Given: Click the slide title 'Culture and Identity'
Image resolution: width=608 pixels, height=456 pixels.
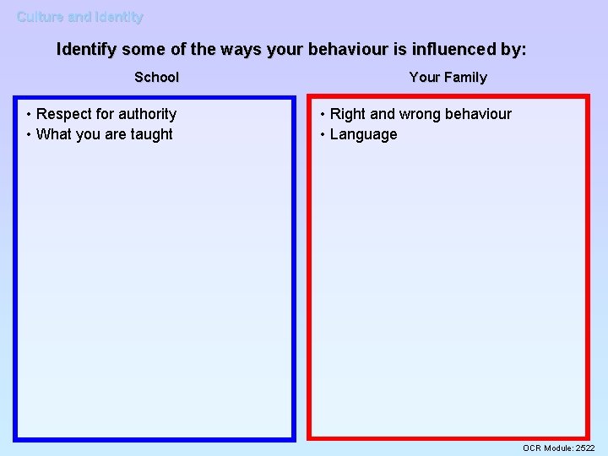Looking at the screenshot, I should (x=80, y=17).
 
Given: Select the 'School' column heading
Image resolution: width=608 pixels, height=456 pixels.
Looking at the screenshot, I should (x=157, y=78).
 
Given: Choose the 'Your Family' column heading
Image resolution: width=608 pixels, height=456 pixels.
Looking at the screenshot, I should (x=448, y=78).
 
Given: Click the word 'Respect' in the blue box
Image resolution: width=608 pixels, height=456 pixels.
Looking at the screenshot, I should (x=64, y=114).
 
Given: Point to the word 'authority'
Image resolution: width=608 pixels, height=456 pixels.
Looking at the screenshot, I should (x=147, y=114).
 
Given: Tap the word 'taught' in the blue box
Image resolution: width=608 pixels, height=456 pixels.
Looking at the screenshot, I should (x=152, y=134).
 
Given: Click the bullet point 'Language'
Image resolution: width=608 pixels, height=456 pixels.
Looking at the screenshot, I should (x=363, y=134).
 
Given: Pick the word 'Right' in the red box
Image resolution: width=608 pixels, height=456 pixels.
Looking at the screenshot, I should (x=347, y=114).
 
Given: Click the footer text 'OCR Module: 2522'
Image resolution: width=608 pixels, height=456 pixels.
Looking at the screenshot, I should (x=558, y=448).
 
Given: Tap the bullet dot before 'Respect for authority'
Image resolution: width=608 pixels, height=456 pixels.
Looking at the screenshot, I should (x=29, y=114).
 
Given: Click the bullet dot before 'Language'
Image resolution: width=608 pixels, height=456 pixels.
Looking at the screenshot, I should (x=322, y=134).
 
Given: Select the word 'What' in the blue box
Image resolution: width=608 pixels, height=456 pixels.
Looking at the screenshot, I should (x=53, y=134).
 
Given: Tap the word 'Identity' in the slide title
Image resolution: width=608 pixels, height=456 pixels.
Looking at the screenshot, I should (x=119, y=17).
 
